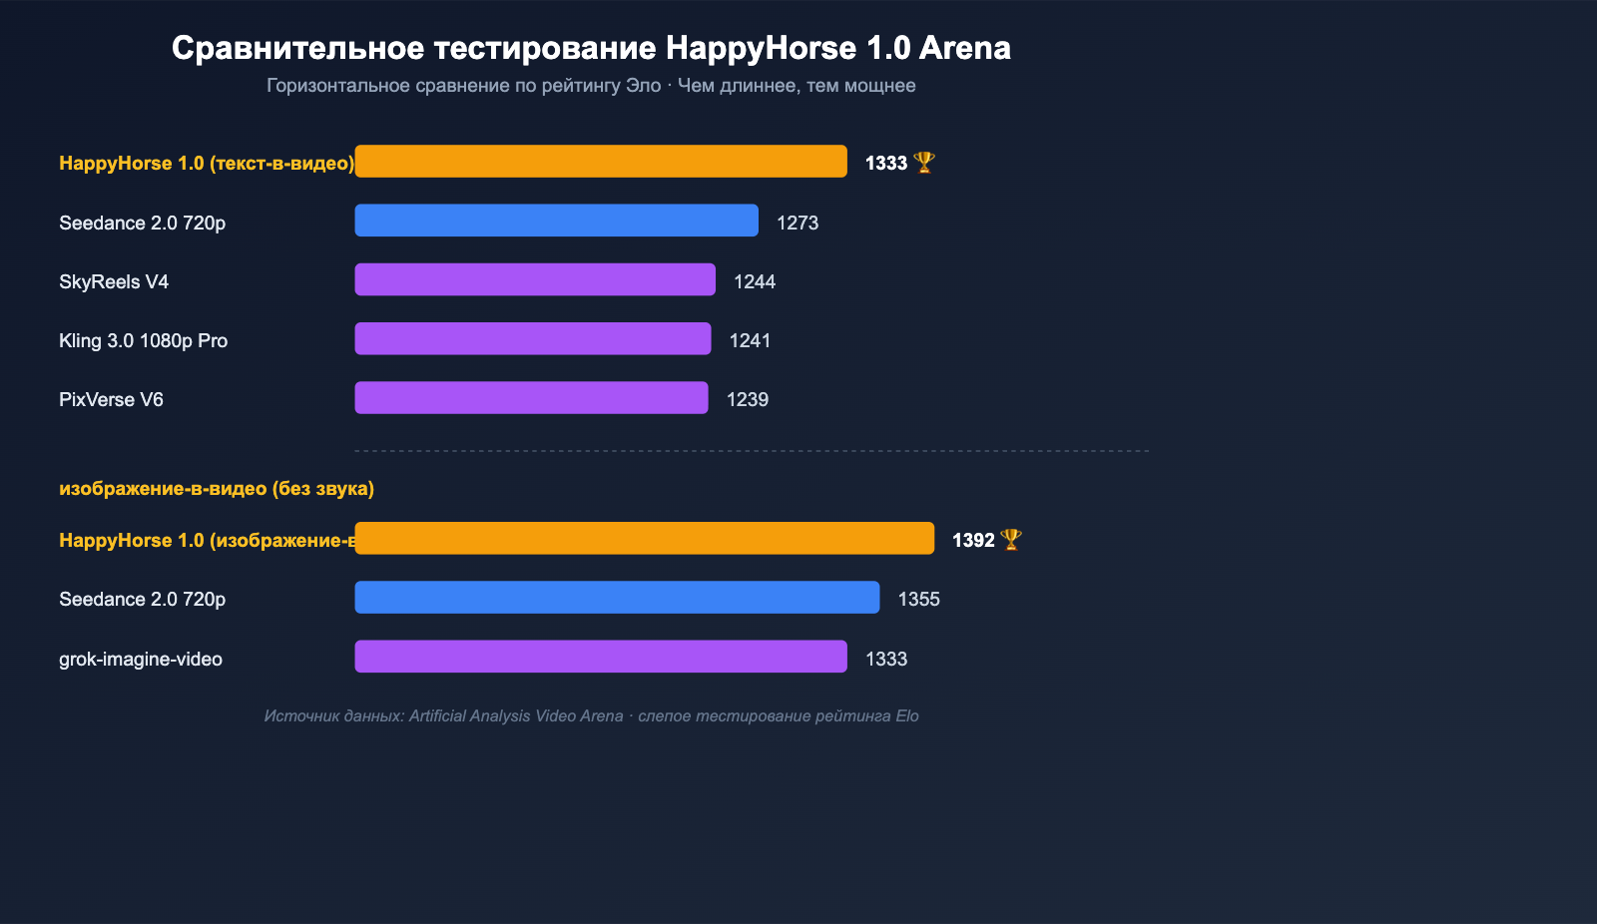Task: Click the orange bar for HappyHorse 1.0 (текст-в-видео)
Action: coord(601,162)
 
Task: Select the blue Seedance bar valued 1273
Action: coord(556,221)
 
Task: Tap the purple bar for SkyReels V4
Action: coord(535,279)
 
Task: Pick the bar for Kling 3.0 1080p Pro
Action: coord(533,338)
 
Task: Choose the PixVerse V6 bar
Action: coord(531,398)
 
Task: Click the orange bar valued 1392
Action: coord(644,539)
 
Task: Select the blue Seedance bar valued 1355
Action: coord(617,598)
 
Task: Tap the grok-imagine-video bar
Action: coord(601,657)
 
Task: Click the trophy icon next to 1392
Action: coord(1011,540)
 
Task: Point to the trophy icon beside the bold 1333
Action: coord(924,163)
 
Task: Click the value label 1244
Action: coord(755,282)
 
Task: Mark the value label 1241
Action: coord(750,341)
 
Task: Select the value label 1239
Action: coord(748,400)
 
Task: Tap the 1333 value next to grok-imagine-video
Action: coord(886,660)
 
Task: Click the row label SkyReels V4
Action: coord(114,282)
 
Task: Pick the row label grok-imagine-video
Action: coord(141,660)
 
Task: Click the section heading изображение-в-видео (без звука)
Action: coord(217,489)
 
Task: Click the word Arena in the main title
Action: coord(965,48)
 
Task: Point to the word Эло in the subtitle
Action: coord(643,86)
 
